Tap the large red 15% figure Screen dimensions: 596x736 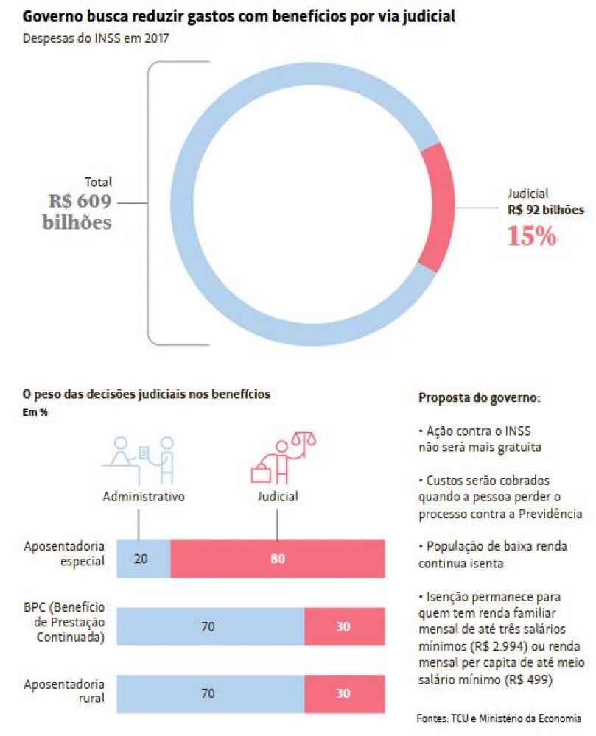pos(531,236)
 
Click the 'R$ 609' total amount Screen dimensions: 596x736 pos(80,201)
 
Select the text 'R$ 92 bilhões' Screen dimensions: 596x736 pos(546,210)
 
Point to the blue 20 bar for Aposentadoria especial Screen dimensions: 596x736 pos(144,559)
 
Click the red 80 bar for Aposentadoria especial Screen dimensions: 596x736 pos(278,559)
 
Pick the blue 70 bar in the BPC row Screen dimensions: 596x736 pos(211,626)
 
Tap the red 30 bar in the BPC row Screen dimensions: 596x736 pos(345,626)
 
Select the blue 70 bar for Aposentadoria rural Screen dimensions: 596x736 pos(211,694)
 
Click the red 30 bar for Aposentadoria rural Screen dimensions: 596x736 pos(345,694)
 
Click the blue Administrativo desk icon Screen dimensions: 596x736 pos(139,460)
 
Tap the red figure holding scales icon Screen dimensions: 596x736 pos(283,458)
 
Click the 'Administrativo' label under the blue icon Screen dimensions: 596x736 pos(144,497)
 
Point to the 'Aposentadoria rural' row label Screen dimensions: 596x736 pos(64,691)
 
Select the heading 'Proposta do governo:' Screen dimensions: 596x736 pos(480,398)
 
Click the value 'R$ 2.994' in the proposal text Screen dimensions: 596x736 pos(499,646)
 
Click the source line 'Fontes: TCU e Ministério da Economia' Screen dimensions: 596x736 pos(499,718)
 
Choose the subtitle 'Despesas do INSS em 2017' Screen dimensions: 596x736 pos(96,38)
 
